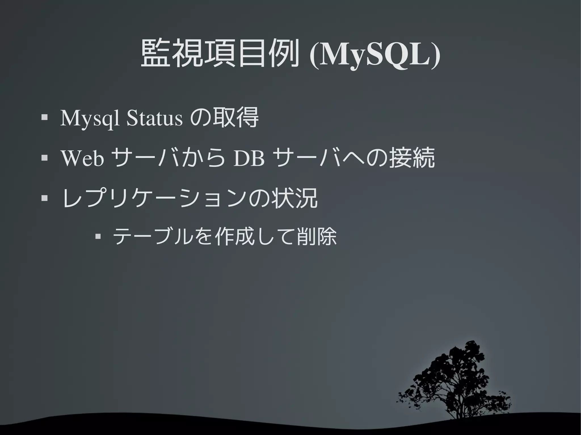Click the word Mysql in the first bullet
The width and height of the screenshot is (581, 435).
coord(90,118)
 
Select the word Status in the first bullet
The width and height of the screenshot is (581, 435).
coord(154,118)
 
